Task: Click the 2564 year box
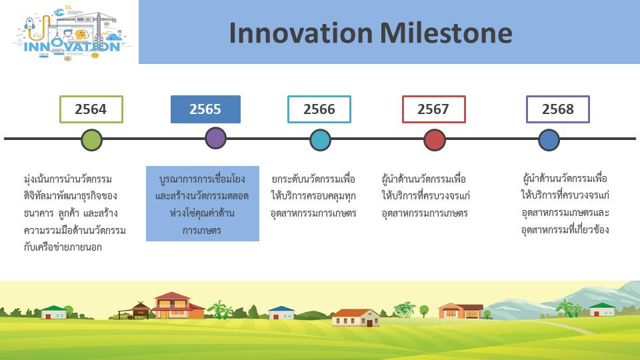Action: (91, 109)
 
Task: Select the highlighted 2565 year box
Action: (205, 109)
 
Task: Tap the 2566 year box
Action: (319, 109)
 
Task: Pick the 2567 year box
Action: (433, 109)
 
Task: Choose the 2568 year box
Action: (557, 109)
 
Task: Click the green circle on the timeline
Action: (91, 140)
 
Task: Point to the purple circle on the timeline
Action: (215, 138)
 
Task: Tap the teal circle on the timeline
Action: (320, 140)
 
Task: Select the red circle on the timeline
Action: (434, 140)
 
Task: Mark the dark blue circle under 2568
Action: (549, 140)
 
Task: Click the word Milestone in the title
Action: (446, 33)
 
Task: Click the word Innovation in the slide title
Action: (301, 33)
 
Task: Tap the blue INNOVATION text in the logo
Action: (72, 46)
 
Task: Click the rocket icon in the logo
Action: (29, 23)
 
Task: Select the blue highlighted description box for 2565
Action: (203, 204)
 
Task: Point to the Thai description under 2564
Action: (75, 213)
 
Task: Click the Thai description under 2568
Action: (565, 204)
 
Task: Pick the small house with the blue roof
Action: (281, 313)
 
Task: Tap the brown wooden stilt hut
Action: (137, 310)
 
